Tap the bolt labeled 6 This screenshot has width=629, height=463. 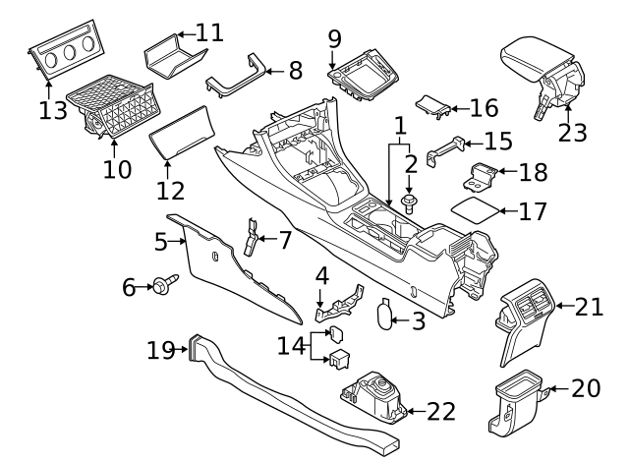(x=159, y=286)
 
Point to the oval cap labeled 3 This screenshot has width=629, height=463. (x=385, y=313)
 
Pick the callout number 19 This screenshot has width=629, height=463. (x=160, y=349)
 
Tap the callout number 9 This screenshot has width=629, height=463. (x=334, y=38)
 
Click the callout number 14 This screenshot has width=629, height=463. (x=292, y=345)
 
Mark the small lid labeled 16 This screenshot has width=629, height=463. (x=432, y=105)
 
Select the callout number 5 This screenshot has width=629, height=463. (x=161, y=239)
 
